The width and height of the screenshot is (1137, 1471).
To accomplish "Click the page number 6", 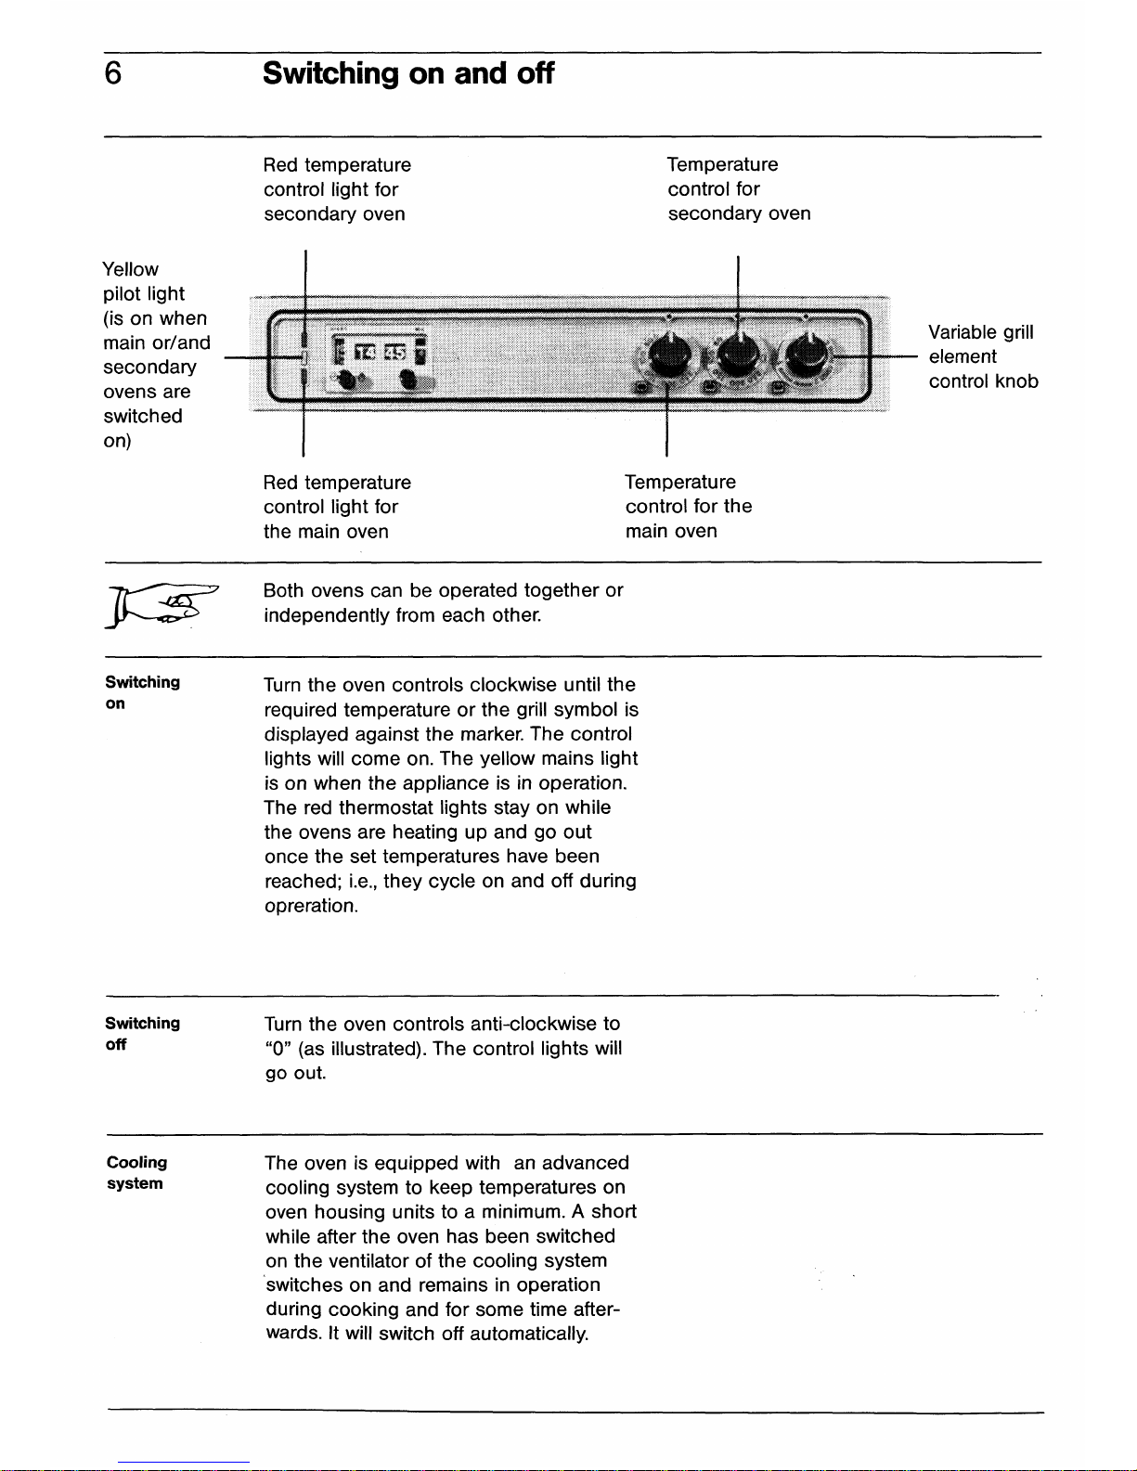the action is coord(113,73).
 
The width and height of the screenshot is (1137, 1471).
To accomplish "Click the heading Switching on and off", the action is coord(408,73).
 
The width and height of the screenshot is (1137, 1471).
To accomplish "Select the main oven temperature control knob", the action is coord(669,355).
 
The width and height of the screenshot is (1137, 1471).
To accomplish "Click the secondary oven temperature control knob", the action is coord(738,355).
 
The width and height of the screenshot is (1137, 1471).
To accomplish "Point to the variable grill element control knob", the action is coord(806,355).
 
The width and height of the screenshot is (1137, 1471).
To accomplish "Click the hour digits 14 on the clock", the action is coord(365,352).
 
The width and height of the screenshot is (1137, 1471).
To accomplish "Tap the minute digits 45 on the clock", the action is coord(395,352).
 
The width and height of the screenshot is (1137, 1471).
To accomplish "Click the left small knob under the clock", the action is coord(348,380).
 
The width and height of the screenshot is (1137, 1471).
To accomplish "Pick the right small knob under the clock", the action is coord(409,380).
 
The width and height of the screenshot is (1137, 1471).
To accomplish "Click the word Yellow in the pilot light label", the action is coord(130,269).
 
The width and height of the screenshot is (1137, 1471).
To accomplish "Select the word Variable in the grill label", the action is coord(962,331).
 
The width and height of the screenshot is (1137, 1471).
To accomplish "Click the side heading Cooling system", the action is coord(136,1173).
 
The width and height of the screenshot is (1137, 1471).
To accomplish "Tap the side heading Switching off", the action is coord(143,1034).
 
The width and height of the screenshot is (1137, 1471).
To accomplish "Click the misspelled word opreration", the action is coord(311,906).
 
